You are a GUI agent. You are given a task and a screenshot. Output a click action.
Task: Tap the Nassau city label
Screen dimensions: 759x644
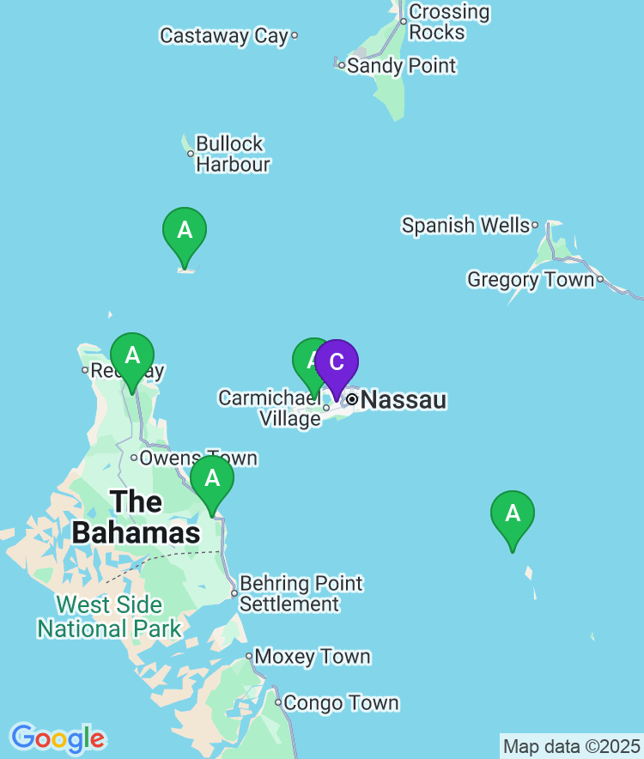pos(404,399)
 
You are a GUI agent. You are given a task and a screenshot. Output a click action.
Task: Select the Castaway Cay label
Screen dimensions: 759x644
pos(224,35)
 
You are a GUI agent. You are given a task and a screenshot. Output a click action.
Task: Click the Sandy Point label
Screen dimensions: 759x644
pos(401,65)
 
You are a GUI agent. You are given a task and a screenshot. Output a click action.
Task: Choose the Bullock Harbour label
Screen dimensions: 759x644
pos(232,154)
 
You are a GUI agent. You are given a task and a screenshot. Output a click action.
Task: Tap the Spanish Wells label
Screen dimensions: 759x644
pos(465,225)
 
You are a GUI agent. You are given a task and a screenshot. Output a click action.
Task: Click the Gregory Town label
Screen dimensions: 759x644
pos(530,279)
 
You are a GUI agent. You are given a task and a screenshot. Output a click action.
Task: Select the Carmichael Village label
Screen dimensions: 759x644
pos(269,408)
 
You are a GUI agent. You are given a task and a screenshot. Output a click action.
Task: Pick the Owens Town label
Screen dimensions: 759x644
pos(198,458)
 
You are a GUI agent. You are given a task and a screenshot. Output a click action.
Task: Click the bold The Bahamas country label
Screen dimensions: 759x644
pos(136,517)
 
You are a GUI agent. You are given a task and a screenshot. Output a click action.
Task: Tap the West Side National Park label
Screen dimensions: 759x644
pos(109,616)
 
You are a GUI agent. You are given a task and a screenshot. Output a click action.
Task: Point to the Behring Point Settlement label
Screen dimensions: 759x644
pos(301,593)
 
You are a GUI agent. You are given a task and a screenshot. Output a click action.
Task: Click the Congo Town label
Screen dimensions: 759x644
pos(341,703)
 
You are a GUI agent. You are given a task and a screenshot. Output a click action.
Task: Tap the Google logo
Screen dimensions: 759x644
pos(58,738)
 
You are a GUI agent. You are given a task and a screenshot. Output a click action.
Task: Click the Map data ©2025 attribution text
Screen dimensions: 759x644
pos(571,745)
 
